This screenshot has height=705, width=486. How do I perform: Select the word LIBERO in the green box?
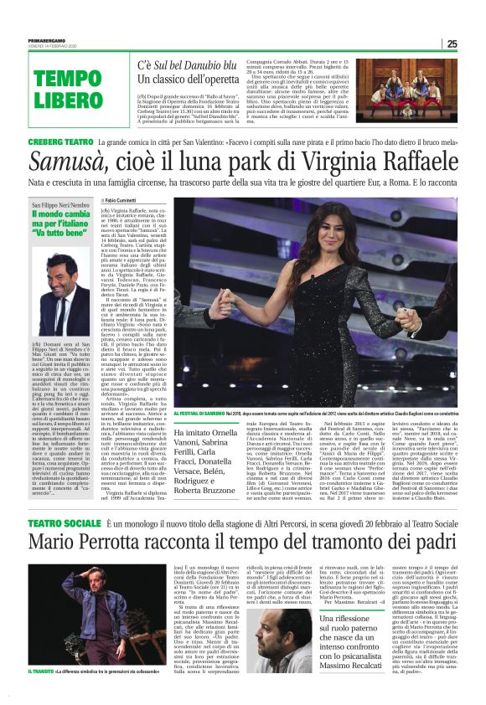coord(70,101)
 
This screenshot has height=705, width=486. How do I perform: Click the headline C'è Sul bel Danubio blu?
coord(189,64)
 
